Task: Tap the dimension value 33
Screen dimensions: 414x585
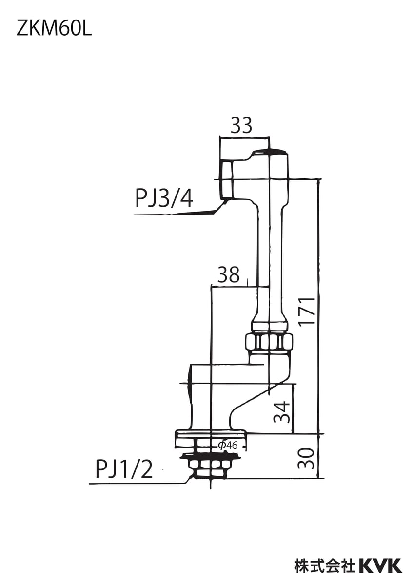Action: click(241, 125)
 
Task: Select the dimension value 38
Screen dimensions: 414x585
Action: click(229, 275)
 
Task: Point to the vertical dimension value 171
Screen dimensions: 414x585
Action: click(307, 311)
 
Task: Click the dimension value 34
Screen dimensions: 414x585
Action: click(282, 412)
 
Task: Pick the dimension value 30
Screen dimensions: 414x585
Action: click(306, 459)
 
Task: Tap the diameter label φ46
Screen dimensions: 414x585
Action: click(228, 445)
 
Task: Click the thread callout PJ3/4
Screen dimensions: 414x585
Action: click(164, 199)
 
